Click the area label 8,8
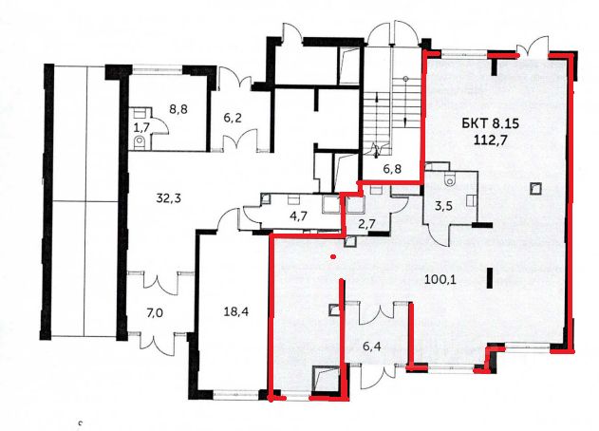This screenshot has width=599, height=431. point(178,109)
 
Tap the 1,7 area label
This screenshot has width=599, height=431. point(140,127)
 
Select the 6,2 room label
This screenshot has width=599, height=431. point(233,118)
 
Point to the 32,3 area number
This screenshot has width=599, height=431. point(168,198)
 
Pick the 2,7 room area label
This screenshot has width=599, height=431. point(366,224)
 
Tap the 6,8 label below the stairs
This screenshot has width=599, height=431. point(392,169)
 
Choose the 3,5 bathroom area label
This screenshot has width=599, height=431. point(444,207)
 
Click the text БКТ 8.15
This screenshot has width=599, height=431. point(490,124)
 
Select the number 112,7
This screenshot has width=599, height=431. point(490,141)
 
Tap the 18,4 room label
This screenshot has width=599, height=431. point(236,312)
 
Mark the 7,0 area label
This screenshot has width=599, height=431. point(155,313)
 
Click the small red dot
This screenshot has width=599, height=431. point(334,256)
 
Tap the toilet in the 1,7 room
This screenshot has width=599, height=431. point(140,142)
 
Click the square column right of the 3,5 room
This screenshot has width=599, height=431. point(534,188)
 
